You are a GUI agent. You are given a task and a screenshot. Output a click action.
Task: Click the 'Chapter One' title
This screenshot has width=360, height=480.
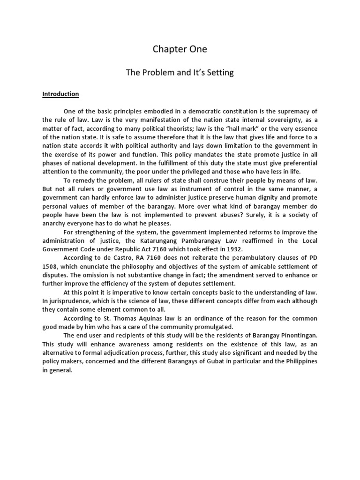coord(180,49)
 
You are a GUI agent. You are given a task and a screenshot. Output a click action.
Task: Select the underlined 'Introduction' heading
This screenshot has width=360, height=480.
coord(60,94)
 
